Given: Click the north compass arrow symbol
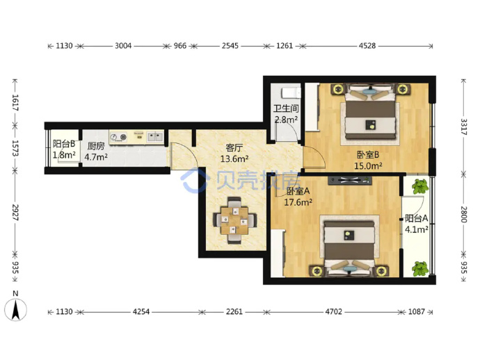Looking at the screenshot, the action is click(x=15, y=309).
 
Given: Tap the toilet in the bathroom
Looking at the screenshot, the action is click(x=291, y=92).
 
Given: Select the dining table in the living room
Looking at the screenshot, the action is click(x=235, y=220).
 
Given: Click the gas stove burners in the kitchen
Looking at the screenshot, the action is click(x=119, y=138).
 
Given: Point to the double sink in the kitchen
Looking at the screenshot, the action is click(x=155, y=136).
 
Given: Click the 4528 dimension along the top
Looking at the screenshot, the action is click(x=367, y=46).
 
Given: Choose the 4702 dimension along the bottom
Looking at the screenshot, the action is click(x=333, y=311).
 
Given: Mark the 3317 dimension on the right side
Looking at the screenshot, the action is click(x=463, y=127).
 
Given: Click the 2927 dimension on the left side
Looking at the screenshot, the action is click(x=15, y=212).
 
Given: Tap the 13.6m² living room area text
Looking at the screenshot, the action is click(x=234, y=159).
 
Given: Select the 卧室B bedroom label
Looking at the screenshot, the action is click(x=368, y=155).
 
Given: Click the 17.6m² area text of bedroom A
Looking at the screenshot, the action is click(x=298, y=202).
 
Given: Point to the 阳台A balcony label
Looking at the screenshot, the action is click(x=416, y=218).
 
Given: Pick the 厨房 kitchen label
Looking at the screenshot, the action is click(x=96, y=146).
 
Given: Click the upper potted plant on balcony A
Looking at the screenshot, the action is click(x=419, y=186).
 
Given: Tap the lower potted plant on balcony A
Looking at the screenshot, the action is click(x=419, y=268).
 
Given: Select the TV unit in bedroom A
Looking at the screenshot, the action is click(x=350, y=181).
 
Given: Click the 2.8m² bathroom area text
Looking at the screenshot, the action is click(x=286, y=120).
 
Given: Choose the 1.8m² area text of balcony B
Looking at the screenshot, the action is click(x=64, y=155).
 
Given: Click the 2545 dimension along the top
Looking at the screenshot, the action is click(x=230, y=46).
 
